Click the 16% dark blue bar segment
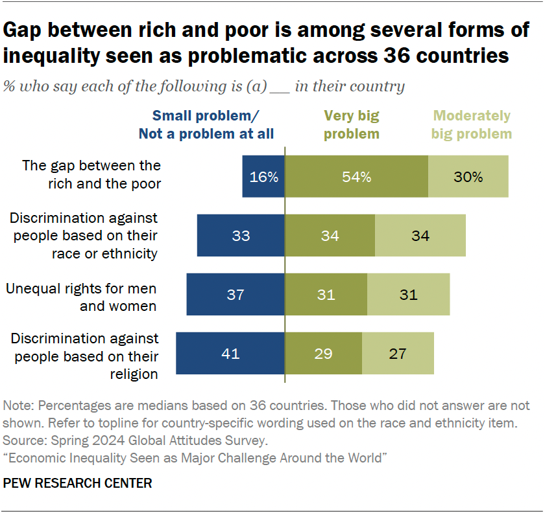[263, 177]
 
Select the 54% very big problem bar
[356, 177]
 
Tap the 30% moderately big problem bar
[468, 177]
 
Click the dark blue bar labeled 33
[241, 236]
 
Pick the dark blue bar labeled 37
[235, 295]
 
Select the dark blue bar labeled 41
[230, 354]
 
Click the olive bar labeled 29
[323, 354]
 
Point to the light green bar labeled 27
[398, 354]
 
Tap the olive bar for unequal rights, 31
[326, 295]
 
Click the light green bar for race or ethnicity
[420, 236]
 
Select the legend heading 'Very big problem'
[351, 125]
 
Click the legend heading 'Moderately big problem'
[472, 125]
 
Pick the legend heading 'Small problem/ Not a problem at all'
[206, 125]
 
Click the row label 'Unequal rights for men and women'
[81, 297]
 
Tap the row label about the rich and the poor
[91, 174]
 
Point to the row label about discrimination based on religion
[84, 356]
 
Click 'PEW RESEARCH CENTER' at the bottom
[78, 483]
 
